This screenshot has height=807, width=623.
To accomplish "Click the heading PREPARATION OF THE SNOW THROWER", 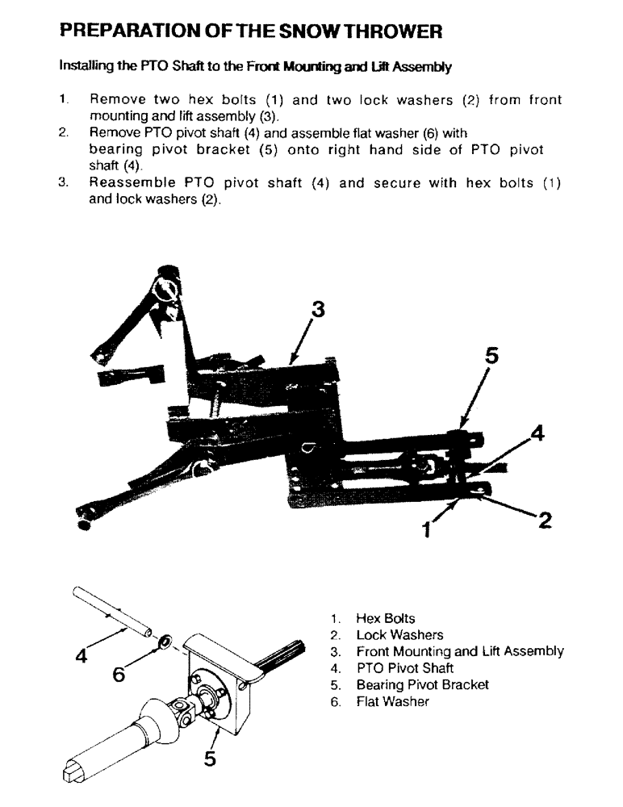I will coord(251,31).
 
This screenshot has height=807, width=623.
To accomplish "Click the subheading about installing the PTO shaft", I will coord(255,67).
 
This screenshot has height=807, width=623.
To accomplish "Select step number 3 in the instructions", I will coord(63,183).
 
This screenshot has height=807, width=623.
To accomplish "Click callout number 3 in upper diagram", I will coord(318,309).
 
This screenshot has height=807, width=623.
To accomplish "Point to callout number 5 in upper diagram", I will coord(491,355).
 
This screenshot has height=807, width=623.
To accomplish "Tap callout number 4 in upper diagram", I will coord(537,433).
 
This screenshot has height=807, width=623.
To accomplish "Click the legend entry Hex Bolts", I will coord(386,619).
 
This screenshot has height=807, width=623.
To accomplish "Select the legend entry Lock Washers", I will coord(399,635).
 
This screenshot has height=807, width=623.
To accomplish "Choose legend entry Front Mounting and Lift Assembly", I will coord(460,651).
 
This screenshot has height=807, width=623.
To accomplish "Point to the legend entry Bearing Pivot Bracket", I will coord(422,684).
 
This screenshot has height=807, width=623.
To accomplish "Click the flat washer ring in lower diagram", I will coord(165,642).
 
